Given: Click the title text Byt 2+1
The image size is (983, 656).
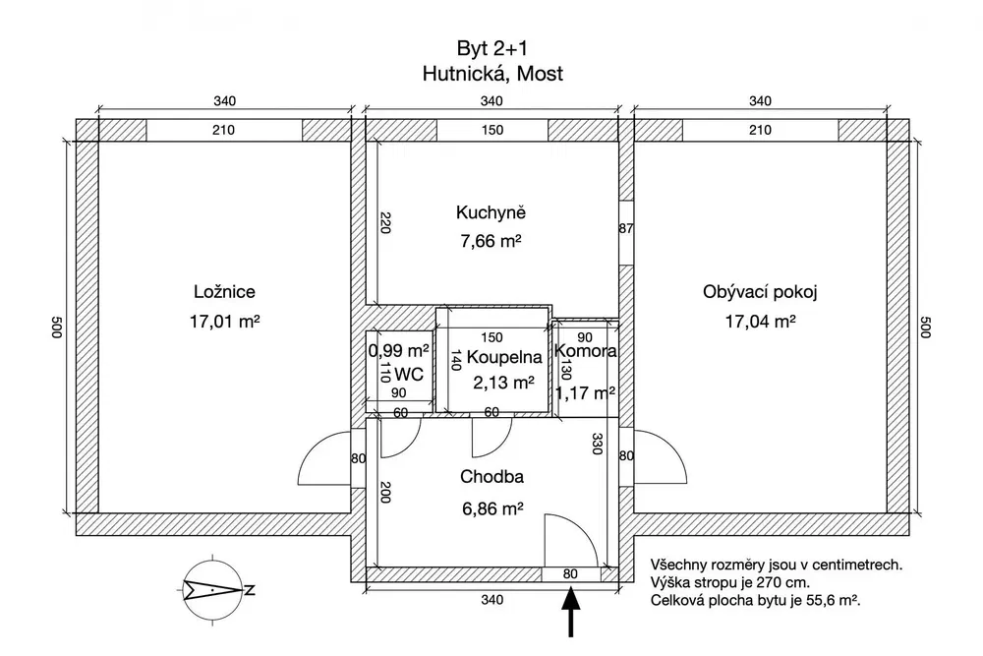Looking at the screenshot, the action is pos(492,48).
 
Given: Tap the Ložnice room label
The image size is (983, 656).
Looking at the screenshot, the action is pos(224,292).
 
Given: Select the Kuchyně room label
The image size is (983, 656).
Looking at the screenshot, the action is pos(491,212).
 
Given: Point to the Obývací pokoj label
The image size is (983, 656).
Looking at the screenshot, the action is pos(760,292).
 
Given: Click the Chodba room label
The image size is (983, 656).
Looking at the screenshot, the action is pos(492,477).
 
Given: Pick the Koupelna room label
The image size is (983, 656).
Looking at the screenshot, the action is pos(504,357).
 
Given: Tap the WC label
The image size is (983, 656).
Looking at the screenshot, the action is pos(409,375).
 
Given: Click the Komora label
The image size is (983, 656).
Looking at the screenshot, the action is pos(586,351).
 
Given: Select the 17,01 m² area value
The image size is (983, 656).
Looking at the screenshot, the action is pos(224,322).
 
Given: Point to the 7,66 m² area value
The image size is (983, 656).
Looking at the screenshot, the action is pos(491,241).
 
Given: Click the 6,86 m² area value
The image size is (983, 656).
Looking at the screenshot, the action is pos(492,508).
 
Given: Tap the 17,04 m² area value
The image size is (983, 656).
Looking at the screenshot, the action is pos(761,322).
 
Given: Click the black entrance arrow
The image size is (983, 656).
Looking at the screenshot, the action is pos(570,612).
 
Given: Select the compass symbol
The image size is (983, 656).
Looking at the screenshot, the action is pos(213,590).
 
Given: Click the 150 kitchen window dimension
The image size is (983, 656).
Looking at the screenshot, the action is pos(492,131).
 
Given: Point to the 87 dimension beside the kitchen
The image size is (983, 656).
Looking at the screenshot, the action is pos(625,229).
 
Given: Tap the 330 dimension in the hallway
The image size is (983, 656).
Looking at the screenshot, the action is pos(597,444).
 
